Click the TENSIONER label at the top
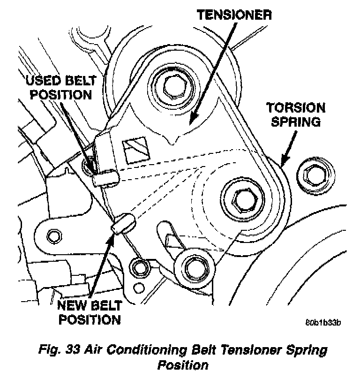(233, 15)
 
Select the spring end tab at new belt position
(122, 222)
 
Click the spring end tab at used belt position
(105, 177)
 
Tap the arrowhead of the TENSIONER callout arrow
(191, 124)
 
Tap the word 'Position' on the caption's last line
(182, 364)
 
